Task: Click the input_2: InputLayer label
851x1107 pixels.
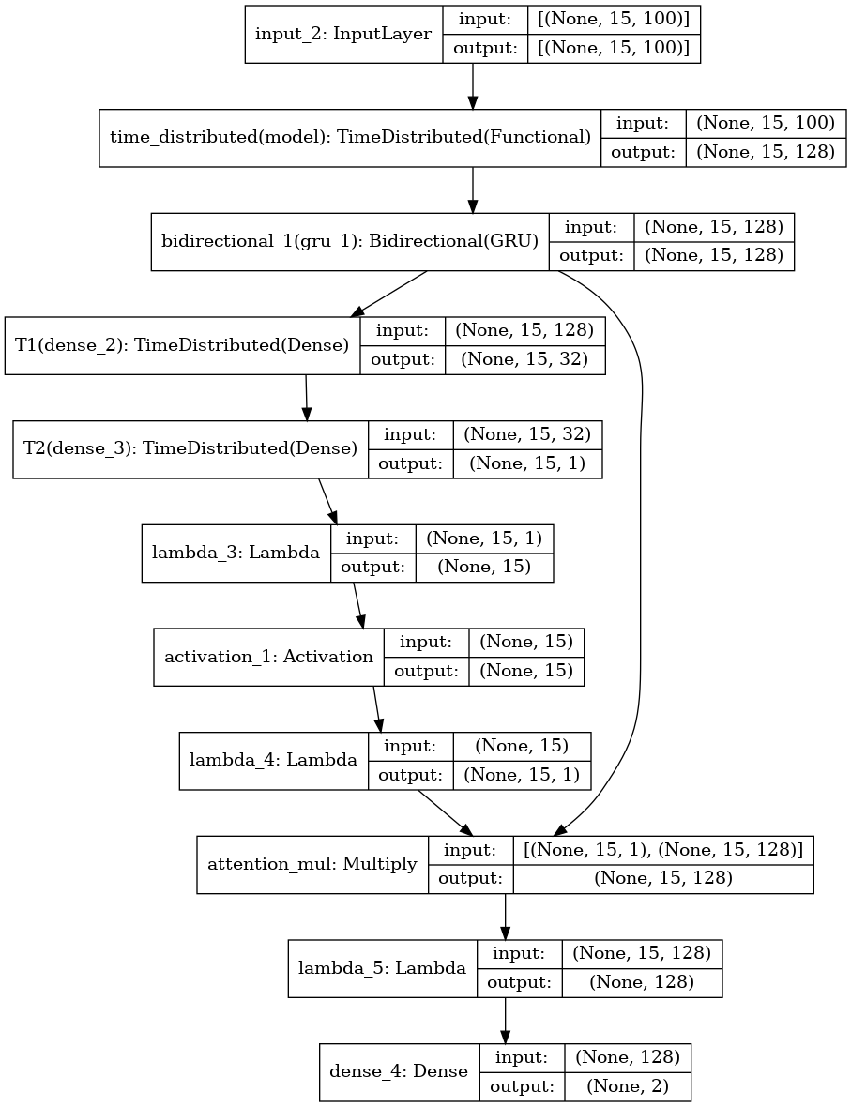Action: [x=343, y=35]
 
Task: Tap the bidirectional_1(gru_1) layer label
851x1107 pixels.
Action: [x=350, y=241]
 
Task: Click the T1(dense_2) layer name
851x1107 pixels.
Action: [x=182, y=345]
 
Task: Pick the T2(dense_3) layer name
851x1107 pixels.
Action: [x=190, y=448]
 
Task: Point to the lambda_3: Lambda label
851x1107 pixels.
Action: [x=236, y=553]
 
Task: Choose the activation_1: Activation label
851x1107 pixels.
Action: [x=268, y=656]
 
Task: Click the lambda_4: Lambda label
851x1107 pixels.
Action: [x=273, y=760]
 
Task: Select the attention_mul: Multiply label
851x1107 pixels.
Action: [x=311, y=864]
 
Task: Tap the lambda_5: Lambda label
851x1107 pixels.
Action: [x=382, y=967]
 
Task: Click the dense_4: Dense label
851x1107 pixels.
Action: [x=399, y=1070]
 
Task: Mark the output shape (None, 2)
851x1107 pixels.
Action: [x=627, y=1085]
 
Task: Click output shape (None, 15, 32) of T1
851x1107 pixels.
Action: [x=524, y=360]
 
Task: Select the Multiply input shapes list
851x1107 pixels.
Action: [x=662, y=849]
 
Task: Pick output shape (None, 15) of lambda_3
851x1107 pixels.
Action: [x=483, y=567]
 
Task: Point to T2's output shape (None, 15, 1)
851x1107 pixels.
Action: [x=526, y=463]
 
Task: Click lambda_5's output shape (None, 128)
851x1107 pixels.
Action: [x=642, y=982]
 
